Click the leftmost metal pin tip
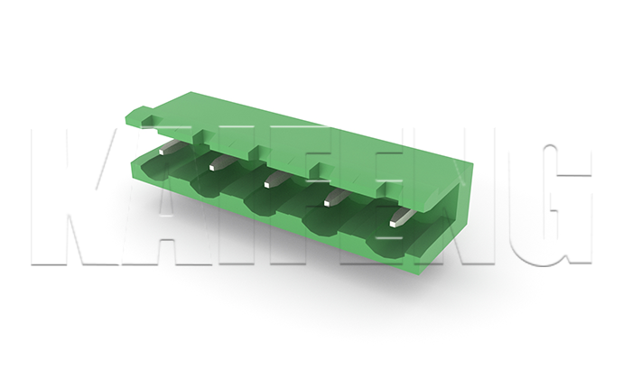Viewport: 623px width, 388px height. point(163,152)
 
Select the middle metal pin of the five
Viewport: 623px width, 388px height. point(275,180)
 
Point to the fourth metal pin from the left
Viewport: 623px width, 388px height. point(335,198)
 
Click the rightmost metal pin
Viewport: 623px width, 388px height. point(402,217)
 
